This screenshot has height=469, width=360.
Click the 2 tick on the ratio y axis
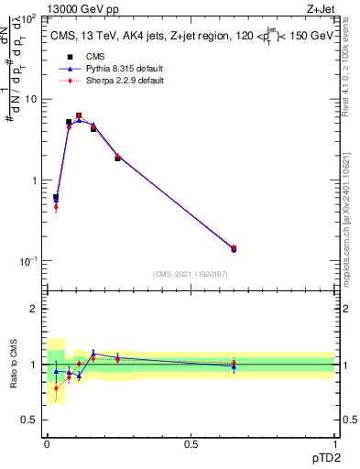[x=34, y=309]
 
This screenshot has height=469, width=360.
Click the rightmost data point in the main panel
[x=234, y=248]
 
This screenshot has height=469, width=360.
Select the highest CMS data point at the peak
[x=79, y=116]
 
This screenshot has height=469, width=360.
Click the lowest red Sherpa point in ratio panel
[x=56, y=387]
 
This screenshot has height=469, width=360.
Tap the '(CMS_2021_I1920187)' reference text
[x=190, y=274]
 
